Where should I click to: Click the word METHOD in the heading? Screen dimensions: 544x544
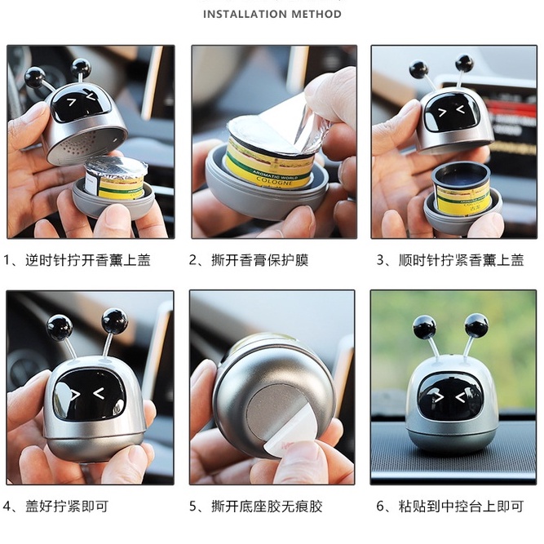pyautogui.click(x=316, y=14)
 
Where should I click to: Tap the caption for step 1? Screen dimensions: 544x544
pyautogui.click(x=77, y=260)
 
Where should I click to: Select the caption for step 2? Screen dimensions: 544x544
pyautogui.click(x=249, y=260)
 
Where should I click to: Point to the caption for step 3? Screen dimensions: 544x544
pyautogui.click(x=450, y=260)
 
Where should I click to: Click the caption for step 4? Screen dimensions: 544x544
pyautogui.click(x=55, y=506)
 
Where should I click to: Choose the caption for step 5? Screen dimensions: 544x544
pyautogui.click(x=256, y=506)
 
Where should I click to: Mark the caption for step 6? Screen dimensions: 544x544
pyautogui.click(x=450, y=506)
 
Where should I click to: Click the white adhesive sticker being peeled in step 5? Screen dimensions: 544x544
pyautogui.click(x=287, y=430)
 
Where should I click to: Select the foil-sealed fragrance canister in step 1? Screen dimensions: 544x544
pyautogui.click(x=116, y=179)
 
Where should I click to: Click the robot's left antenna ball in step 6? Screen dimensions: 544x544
pyautogui.click(x=424, y=326)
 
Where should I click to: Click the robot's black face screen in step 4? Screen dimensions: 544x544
pyautogui.click(x=89, y=395)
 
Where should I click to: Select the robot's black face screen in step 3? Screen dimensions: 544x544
pyautogui.click(x=452, y=113)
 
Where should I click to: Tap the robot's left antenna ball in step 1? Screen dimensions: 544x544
pyautogui.click(x=35, y=77)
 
